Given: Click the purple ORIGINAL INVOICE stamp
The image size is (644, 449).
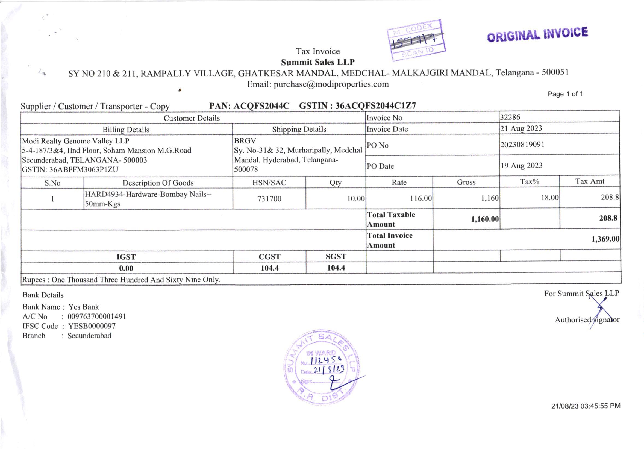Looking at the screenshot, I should [x=537, y=34].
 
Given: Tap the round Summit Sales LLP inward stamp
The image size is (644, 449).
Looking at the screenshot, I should [x=322, y=367].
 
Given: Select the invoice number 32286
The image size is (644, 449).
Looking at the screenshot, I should [x=510, y=117].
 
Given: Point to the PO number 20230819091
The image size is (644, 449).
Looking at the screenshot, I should [x=522, y=145].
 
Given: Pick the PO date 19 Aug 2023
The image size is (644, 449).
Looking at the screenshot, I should [x=521, y=166].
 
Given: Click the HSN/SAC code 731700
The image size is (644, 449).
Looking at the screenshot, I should [x=269, y=199].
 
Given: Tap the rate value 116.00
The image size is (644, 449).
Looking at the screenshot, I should [x=421, y=198].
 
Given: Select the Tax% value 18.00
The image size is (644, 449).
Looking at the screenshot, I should [x=550, y=198].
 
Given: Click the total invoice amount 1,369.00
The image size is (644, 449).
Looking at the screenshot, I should [x=605, y=239].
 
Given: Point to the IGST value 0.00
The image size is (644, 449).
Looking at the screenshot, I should [x=126, y=268].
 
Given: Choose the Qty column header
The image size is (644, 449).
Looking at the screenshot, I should [x=336, y=183].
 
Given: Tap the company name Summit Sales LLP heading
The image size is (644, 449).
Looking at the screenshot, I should [x=318, y=62].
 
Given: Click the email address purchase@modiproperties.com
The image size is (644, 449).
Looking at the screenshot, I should [x=331, y=84].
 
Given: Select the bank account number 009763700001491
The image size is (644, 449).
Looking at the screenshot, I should [x=97, y=316].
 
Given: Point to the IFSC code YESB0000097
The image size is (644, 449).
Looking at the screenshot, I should [x=92, y=326].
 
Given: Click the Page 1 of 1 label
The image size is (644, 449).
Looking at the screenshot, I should [x=565, y=94].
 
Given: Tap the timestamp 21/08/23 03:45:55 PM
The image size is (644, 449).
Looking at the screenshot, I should [x=586, y=406].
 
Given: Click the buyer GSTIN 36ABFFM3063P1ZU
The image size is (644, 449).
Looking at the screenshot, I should [x=84, y=169].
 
